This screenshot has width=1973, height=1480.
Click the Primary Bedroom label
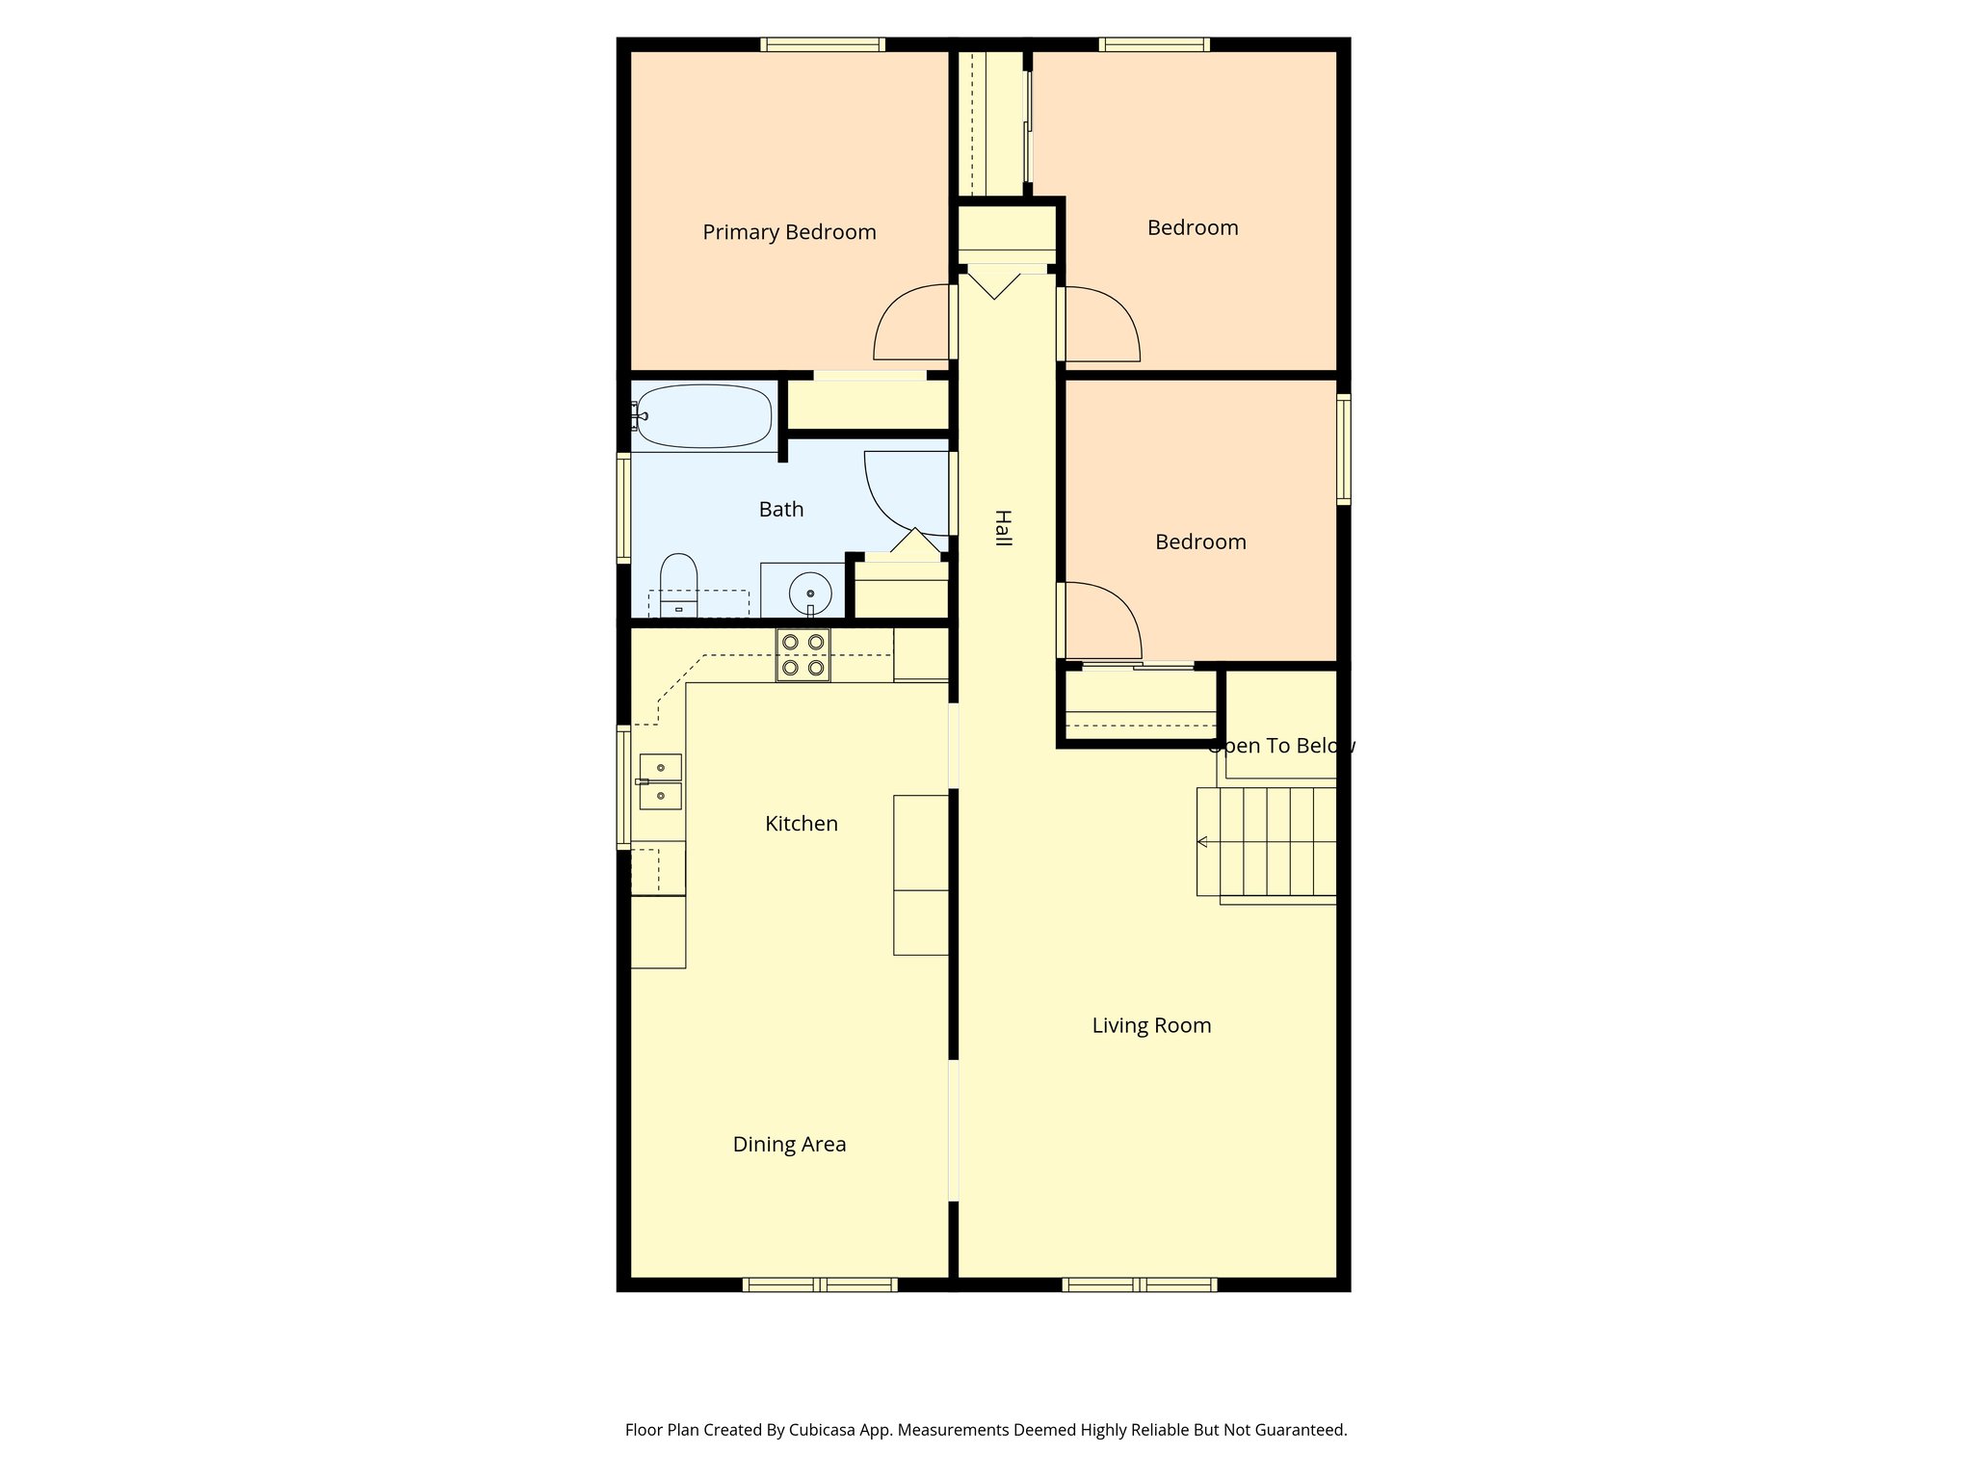789,232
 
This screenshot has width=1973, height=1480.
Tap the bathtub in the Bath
705,416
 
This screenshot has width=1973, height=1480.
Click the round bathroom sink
810,593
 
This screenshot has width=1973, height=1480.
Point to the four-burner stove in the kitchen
803,655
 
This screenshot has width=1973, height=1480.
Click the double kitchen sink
661,781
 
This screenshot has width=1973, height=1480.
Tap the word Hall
1003,528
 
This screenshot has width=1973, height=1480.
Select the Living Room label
1151,1025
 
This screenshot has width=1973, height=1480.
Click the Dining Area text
789,1144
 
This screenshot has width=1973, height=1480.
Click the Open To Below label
1280,746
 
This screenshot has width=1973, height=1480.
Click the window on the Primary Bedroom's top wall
822,44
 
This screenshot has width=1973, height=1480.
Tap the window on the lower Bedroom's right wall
1343,449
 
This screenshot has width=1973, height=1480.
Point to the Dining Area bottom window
820,1283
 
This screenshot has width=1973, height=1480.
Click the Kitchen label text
801,824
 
